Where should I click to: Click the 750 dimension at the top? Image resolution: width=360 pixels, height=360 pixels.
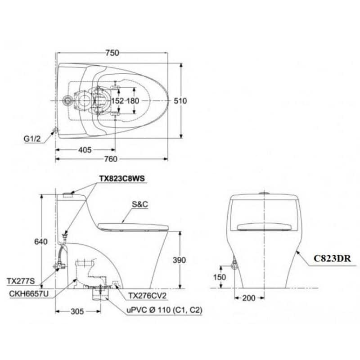tap(112, 53)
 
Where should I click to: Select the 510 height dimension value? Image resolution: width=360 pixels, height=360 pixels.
tap(180, 101)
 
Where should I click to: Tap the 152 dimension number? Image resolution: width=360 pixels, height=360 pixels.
tap(117, 101)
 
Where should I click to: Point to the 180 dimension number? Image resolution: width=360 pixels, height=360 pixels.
tap(133, 101)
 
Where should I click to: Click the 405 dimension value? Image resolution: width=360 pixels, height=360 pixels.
tap(85, 150)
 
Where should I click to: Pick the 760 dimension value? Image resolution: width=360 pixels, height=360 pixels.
tap(111, 159)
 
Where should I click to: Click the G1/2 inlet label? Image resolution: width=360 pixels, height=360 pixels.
tap(32, 139)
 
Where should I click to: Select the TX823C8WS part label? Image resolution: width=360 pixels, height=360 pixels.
tap(122, 178)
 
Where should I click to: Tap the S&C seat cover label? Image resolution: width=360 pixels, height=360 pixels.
tap(140, 204)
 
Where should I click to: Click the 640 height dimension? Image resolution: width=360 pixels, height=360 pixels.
tap(41, 242)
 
